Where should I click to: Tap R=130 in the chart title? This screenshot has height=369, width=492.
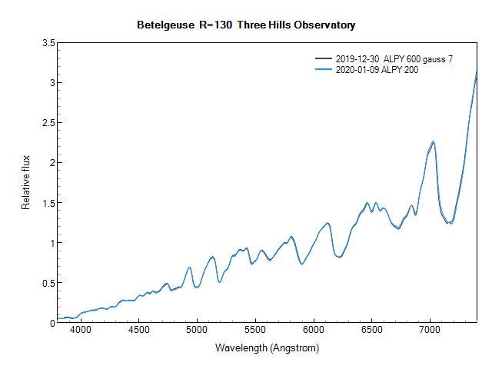point(211,25)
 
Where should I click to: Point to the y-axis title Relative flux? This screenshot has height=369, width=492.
point(25,182)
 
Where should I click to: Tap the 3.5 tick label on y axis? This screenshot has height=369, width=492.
point(46,43)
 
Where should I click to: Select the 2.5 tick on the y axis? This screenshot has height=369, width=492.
point(46,123)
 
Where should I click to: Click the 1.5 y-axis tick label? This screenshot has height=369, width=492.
point(46,203)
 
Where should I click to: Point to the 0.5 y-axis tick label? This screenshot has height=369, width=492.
point(46,283)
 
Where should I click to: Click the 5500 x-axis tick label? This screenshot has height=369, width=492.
point(255,331)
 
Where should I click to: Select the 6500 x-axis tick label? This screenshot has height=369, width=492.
point(371,331)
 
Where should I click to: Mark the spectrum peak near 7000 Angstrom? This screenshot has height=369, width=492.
point(434,141)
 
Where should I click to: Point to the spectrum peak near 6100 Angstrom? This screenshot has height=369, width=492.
point(327,223)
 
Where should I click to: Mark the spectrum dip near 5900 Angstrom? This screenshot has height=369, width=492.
point(302,264)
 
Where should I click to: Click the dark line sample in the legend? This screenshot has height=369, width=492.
point(324,59)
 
